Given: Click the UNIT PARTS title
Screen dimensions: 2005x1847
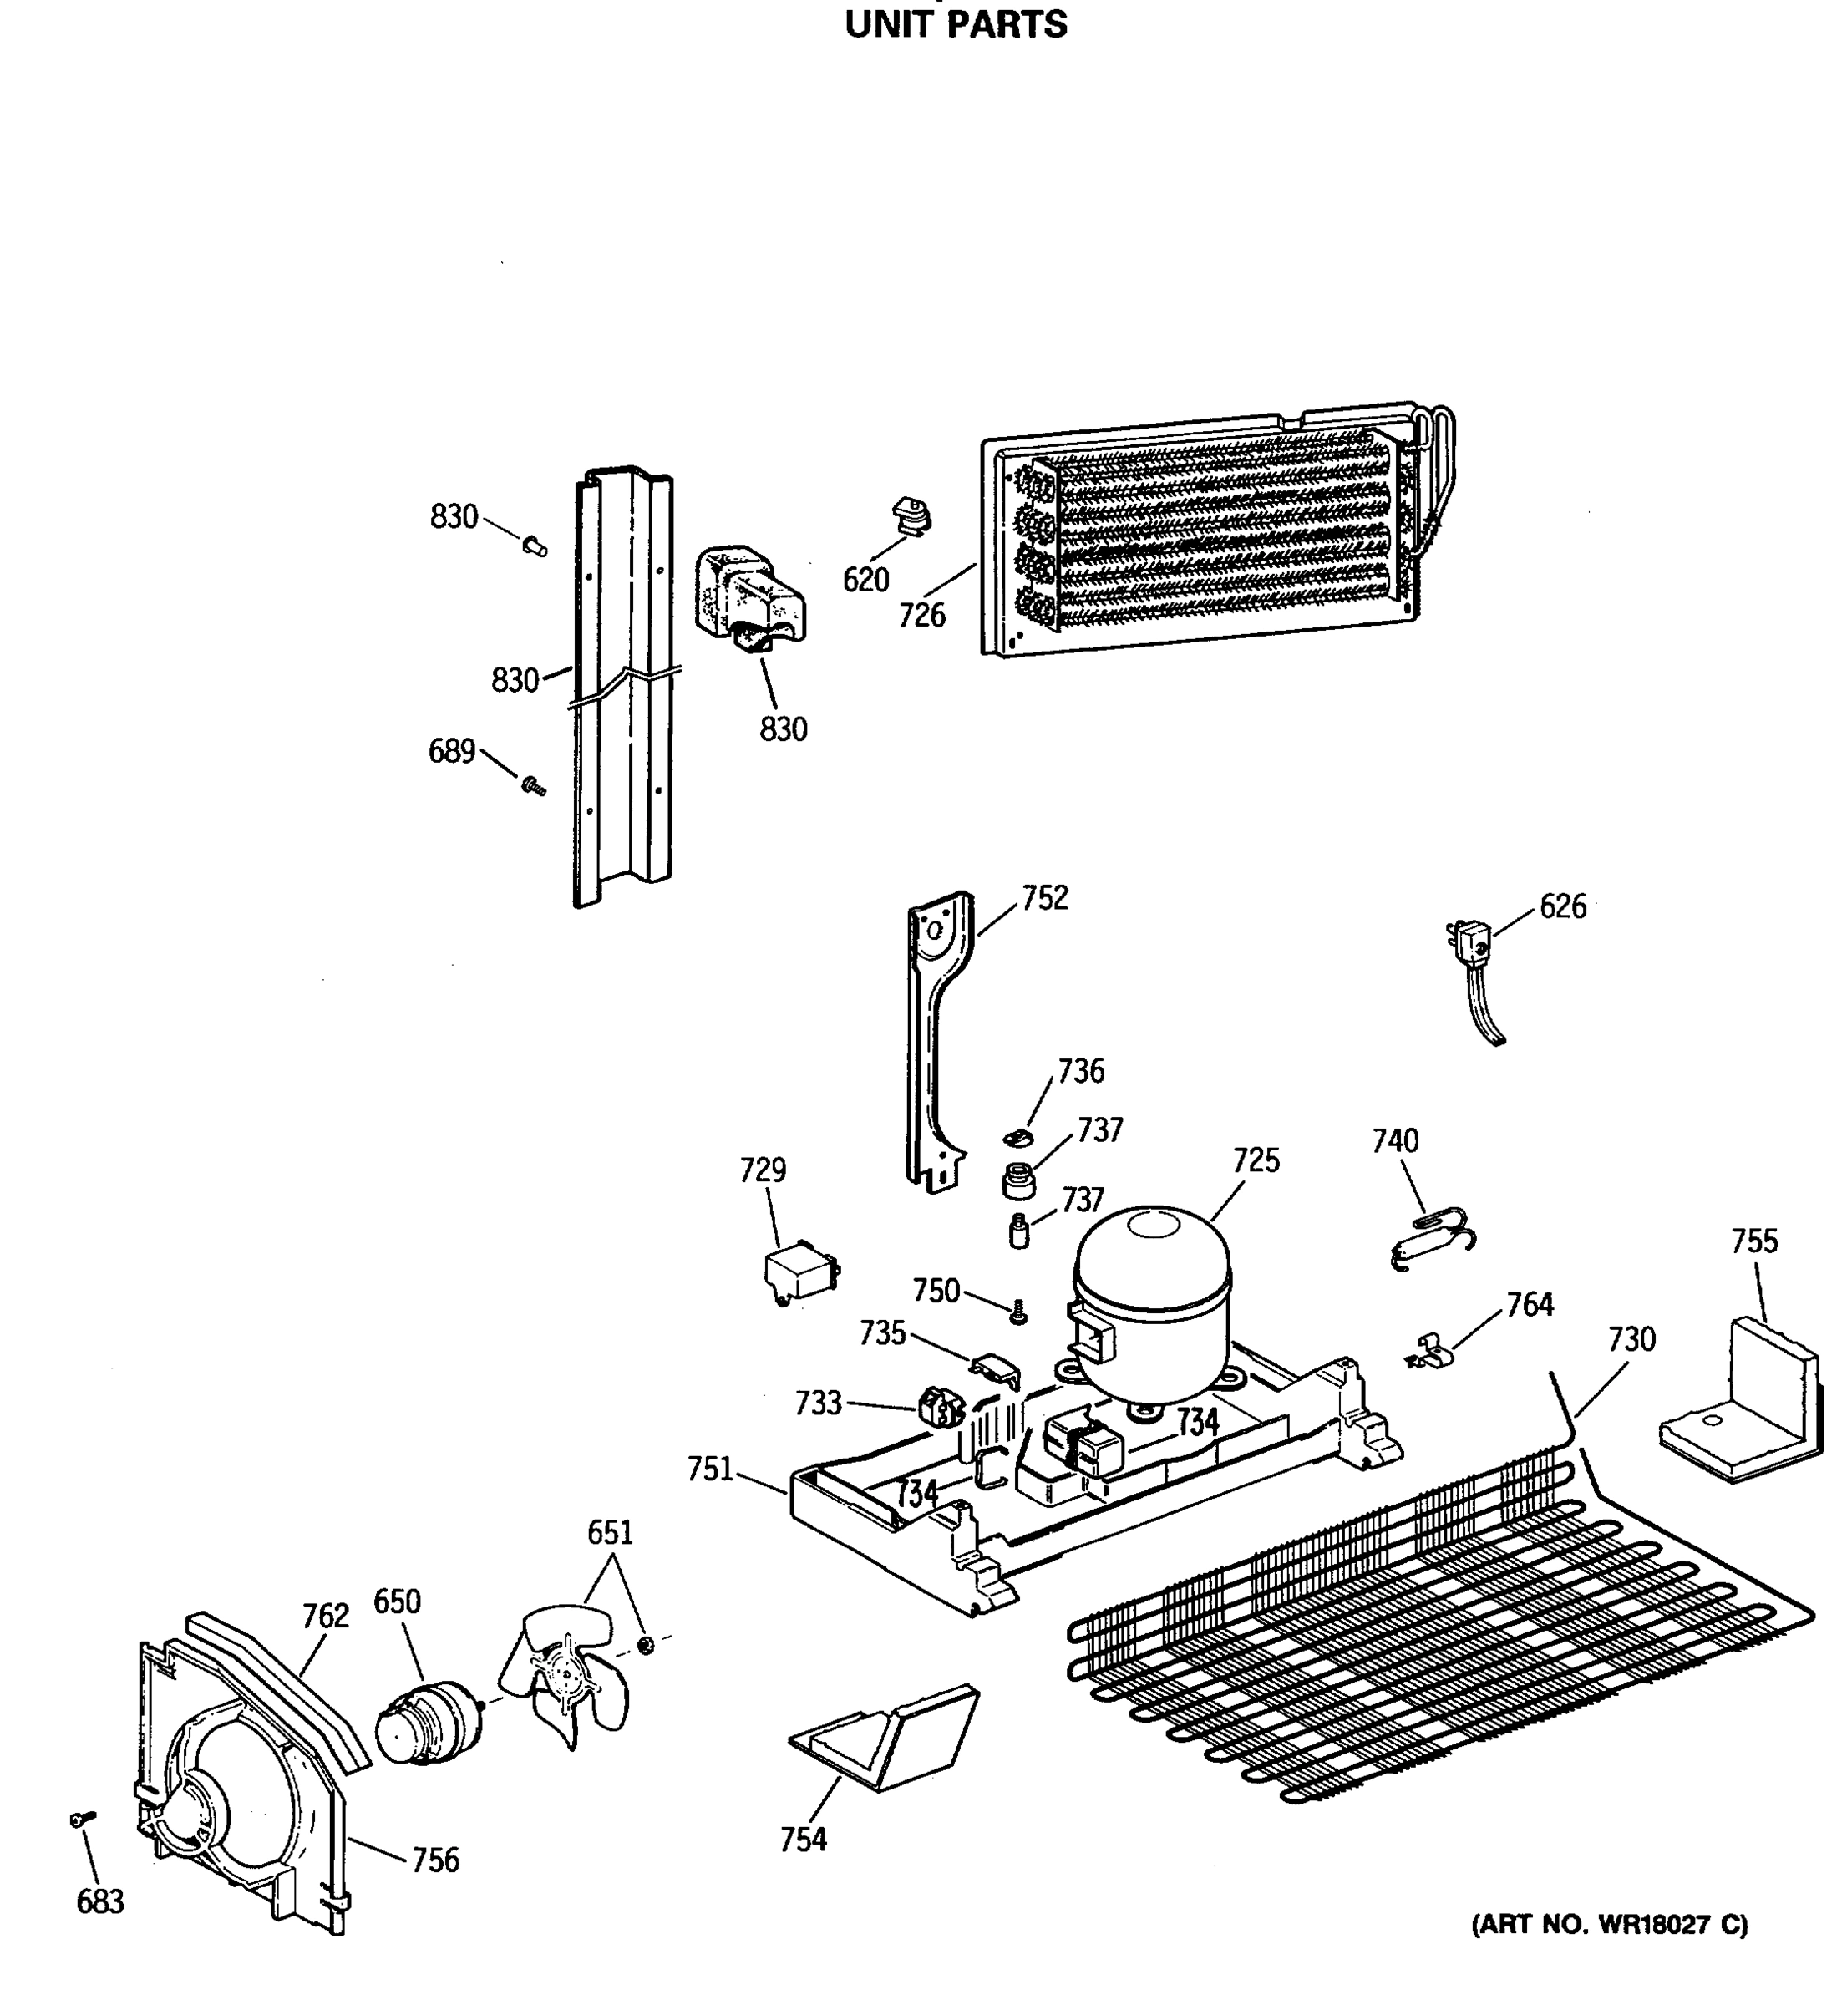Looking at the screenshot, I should tap(956, 25).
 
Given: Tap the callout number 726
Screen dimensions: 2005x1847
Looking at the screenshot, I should tap(921, 616).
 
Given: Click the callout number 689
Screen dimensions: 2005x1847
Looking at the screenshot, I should tap(451, 752).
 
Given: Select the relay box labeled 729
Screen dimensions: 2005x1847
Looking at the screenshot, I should tap(800, 1277).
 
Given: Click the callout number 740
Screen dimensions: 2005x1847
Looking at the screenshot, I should tap(1394, 1140).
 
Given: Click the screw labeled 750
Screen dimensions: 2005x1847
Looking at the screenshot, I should tap(1017, 1312).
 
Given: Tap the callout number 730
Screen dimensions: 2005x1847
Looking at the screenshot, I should tap(1631, 1339).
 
